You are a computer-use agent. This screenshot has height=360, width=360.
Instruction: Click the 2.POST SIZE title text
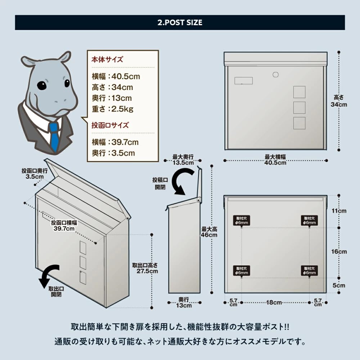180,22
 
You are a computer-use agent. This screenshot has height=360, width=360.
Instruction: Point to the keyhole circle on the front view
276,75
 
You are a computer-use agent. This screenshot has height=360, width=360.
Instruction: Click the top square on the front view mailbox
299,92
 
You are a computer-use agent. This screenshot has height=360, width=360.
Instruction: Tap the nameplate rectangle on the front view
243,81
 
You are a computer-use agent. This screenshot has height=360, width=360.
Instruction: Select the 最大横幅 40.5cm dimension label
275,159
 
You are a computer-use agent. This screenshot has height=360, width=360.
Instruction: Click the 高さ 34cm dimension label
339,101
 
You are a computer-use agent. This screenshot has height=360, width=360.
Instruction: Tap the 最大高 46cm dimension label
209,232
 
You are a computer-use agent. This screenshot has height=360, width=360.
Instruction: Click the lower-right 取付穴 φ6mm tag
309,270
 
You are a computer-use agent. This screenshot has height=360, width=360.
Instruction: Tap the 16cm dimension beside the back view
339,252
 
